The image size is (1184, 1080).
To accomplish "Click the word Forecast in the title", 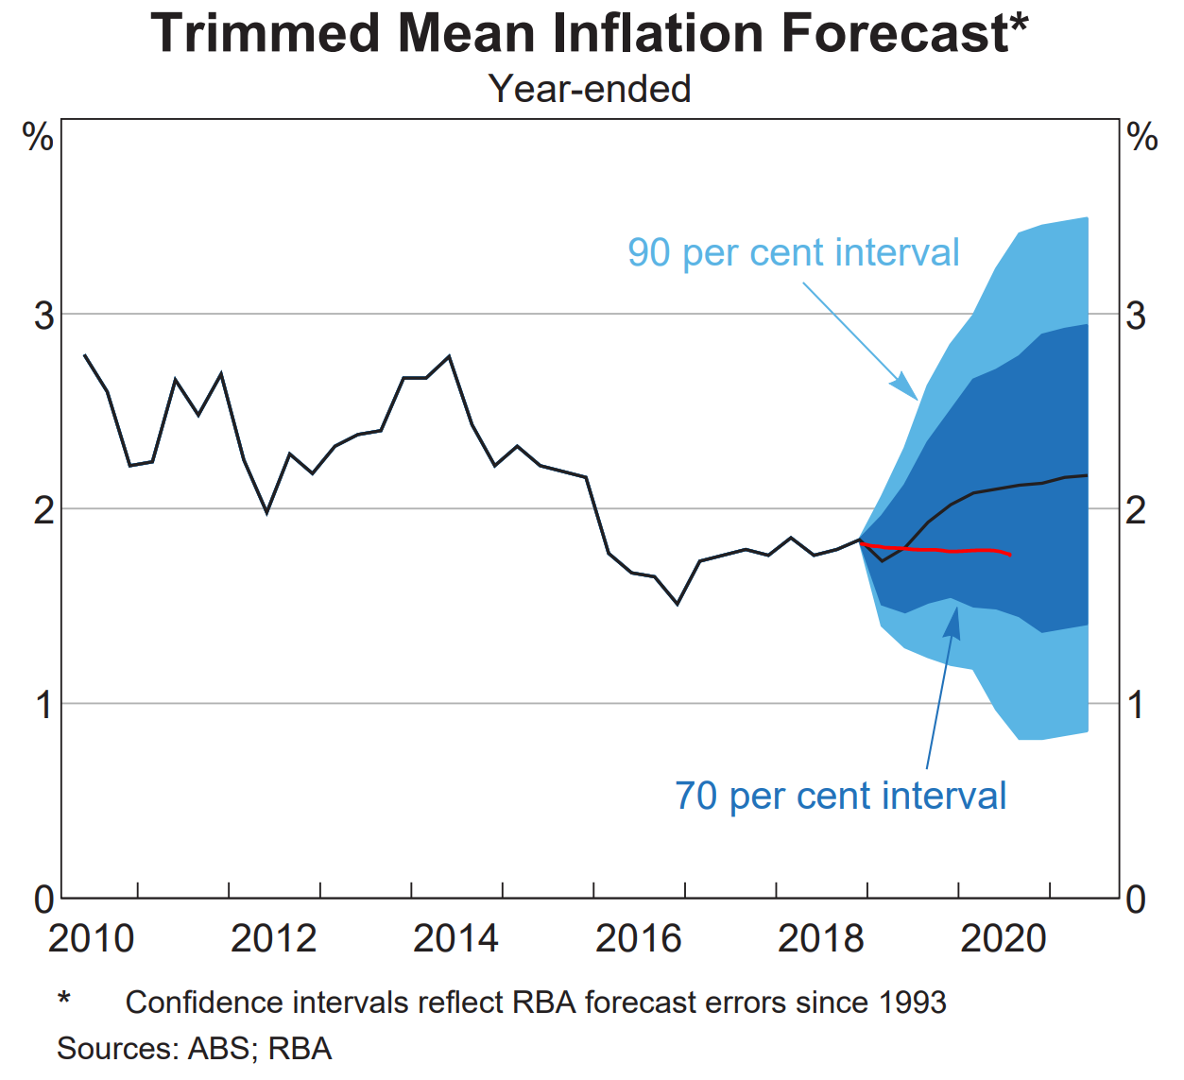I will click(894, 34).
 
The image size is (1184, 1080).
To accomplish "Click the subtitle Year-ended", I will click(590, 89).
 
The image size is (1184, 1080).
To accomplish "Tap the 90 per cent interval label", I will click(793, 253).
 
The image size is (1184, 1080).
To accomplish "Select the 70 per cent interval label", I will click(840, 796).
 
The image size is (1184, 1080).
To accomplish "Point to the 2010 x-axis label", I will click(91, 938).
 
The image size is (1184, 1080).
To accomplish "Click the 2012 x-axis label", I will click(273, 938).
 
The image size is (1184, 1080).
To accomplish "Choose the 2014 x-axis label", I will click(455, 938).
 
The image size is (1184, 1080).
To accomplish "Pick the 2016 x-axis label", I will click(638, 938).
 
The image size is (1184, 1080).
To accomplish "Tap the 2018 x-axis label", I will click(820, 938).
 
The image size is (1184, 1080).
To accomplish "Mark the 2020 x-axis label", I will click(1003, 938).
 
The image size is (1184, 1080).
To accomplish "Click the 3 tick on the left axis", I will click(43, 315).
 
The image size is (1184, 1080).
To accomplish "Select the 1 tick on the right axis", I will click(1137, 705).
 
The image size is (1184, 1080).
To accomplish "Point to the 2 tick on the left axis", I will click(43, 510).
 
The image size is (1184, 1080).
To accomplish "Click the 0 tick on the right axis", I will click(1137, 899).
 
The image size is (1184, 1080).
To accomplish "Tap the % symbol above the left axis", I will click(38, 138).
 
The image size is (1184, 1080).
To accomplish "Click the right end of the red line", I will click(1010, 555).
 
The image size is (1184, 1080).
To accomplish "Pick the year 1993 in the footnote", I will click(912, 1003).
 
